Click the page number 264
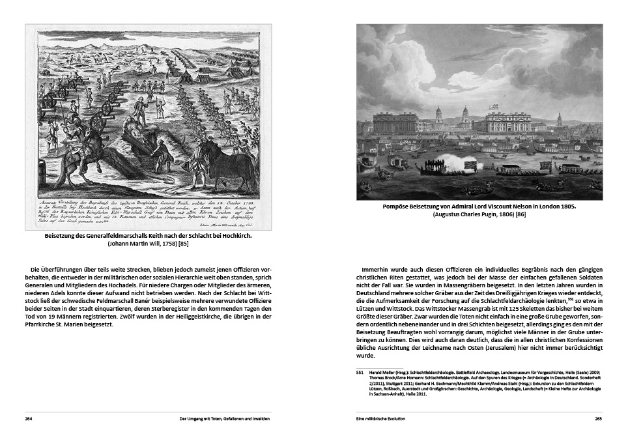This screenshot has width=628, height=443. (x=29, y=418)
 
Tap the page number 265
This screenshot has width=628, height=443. (x=598, y=418)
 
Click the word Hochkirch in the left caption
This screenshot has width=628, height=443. (x=233, y=236)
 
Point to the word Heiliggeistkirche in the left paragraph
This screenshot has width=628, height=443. (x=195, y=316)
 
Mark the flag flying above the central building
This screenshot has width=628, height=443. (x=495, y=105)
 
